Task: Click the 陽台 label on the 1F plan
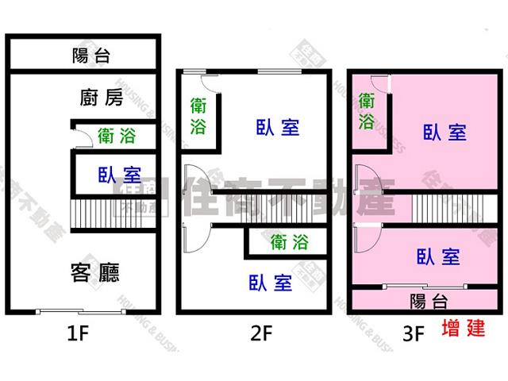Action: tap(90, 56)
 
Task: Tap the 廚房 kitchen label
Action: tap(102, 98)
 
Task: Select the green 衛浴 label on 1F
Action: tap(117, 136)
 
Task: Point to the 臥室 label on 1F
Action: tap(119, 175)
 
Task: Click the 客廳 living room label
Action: tap(95, 273)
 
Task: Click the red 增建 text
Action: tap(462, 329)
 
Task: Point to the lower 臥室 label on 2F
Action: tap(270, 283)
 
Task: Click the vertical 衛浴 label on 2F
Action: tap(199, 116)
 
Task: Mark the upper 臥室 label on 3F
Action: tap(444, 133)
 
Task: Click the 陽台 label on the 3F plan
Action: tap(429, 301)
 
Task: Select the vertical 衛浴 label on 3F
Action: tap(368, 111)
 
